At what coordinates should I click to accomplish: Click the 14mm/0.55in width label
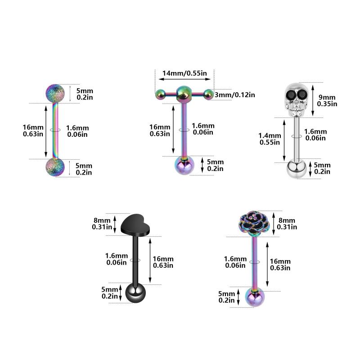(184, 73)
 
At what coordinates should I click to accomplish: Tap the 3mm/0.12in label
(234, 94)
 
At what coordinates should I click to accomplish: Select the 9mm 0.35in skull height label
(327, 100)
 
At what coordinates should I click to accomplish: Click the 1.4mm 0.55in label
(270, 139)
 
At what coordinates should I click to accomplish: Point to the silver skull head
(297, 99)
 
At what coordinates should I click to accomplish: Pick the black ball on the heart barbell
(135, 293)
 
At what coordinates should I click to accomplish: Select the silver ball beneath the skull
(297, 170)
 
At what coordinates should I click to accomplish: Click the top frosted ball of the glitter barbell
(55, 93)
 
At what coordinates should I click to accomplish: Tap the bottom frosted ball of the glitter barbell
(55, 167)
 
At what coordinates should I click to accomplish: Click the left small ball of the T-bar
(160, 94)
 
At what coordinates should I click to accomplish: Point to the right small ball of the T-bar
(208, 94)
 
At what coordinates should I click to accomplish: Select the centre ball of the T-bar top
(183, 93)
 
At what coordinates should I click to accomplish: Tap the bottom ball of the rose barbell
(255, 297)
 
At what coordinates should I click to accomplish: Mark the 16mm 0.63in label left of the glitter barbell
(33, 130)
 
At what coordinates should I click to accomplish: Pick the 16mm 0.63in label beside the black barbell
(162, 262)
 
